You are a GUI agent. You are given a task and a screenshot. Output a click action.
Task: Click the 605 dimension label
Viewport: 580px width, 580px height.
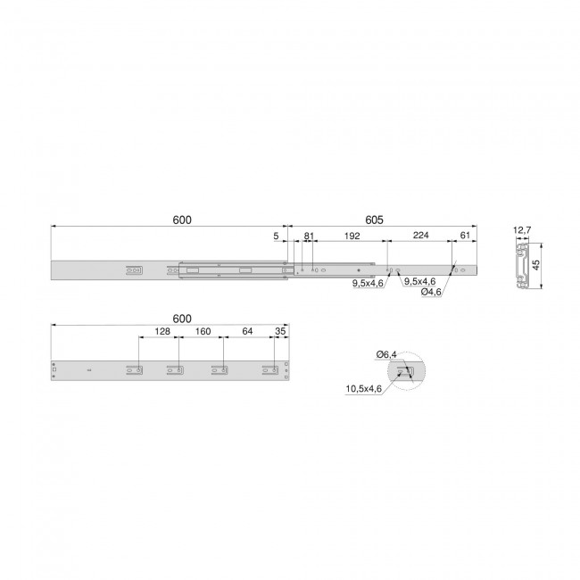(x=374, y=220)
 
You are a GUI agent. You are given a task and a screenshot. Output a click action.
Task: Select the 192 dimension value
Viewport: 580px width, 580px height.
(x=352, y=236)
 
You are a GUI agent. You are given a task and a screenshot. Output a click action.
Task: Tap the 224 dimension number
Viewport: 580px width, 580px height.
(x=420, y=236)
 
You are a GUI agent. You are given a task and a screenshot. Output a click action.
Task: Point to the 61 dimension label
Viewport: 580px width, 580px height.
(x=465, y=236)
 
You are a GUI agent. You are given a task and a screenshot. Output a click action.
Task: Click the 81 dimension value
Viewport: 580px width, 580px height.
(x=309, y=236)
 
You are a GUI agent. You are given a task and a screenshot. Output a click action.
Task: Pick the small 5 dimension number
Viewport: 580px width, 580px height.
(x=276, y=236)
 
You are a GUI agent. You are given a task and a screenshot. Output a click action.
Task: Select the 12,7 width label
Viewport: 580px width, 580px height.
(x=522, y=230)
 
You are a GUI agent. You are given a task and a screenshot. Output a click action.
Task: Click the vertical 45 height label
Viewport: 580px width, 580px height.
(x=536, y=265)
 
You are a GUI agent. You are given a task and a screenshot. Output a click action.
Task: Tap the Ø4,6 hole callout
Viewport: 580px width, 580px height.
(x=431, y=292)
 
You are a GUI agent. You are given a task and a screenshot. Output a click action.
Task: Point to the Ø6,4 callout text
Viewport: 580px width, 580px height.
(x=386, y=354)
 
